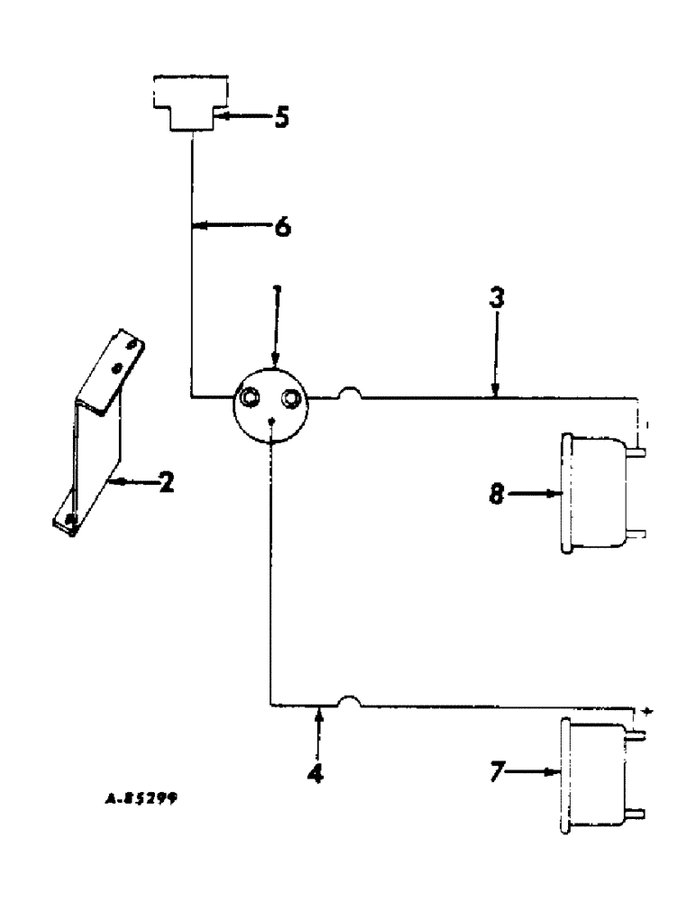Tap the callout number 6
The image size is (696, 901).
click(282, 226)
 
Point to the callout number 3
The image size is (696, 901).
click(496, 299)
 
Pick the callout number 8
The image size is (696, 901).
click(498, 494)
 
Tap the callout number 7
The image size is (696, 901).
click(498, 772)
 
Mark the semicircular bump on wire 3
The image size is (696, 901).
click(348, 393)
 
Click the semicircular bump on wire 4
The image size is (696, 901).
click(349, 700)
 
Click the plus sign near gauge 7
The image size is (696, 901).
click(646, 711)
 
